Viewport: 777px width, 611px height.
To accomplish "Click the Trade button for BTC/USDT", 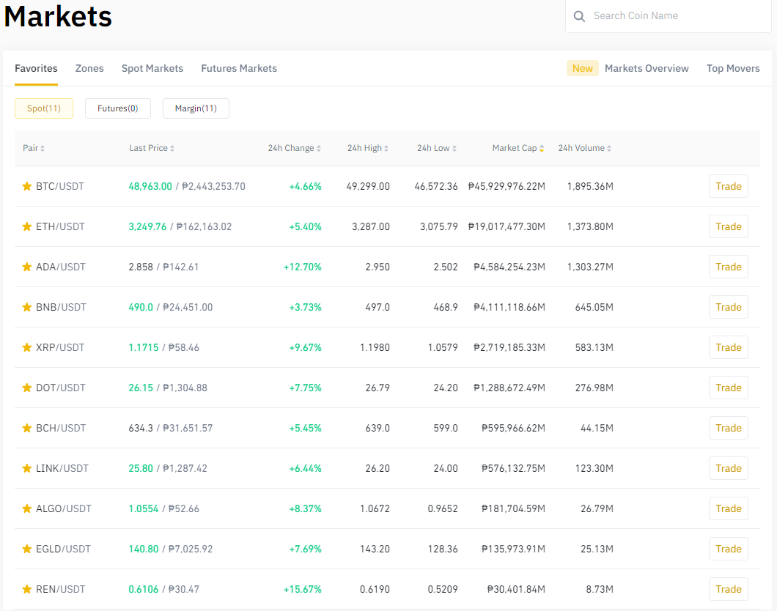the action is coord(728,186).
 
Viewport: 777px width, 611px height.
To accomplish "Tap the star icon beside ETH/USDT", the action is coord(27,226).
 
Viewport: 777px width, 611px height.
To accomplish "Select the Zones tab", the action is coord(89,68).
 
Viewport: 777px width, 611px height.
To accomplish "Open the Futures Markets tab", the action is coord(239,68).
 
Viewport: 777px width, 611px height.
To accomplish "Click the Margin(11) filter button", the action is coord(196,108).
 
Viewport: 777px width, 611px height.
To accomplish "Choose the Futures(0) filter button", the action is coord(118,108).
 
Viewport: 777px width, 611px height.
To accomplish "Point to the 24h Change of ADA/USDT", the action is coord(302,267).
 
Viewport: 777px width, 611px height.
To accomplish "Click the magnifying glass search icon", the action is coord(579,16).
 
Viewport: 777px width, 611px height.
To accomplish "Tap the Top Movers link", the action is coord(733,68).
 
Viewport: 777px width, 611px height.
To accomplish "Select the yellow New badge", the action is coord(582,68).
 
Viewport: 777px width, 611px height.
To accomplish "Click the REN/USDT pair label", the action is coord(60,589).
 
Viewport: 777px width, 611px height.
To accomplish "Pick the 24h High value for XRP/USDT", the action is coord(375,347).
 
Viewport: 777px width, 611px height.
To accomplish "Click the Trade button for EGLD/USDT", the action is coord(728,549).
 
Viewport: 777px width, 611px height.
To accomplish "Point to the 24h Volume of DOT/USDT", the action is coord(594,388).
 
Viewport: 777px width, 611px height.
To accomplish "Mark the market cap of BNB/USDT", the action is coord(509,307).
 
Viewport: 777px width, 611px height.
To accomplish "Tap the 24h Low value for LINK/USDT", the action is coord(446,468).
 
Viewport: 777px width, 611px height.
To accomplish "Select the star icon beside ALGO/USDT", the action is coord(27,508).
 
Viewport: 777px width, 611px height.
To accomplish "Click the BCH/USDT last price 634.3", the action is coord(141,428).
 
